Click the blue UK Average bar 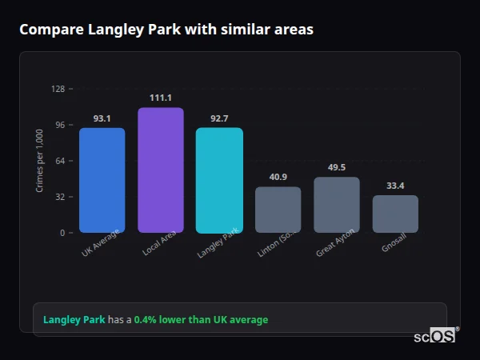[x=102, y=180]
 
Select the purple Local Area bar [x=161, y=170]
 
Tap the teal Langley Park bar [x=219, y=180]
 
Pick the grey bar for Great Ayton [x=336, y=205]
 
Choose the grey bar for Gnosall [x=395, y=214]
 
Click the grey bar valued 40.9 [x=278, y=210]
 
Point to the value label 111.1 [x=161, y=98]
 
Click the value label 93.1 [x=102, y=118]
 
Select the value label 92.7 [x=219, y=118]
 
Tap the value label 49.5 [x=336, y=167]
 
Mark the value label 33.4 [x=395, y=186]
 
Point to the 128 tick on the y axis [x=58, y=89]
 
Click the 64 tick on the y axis [x=60, y=161]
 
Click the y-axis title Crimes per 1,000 [x=40, y=161]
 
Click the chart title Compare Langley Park [x=166, y=30]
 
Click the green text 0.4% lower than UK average [x=201, y=320]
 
